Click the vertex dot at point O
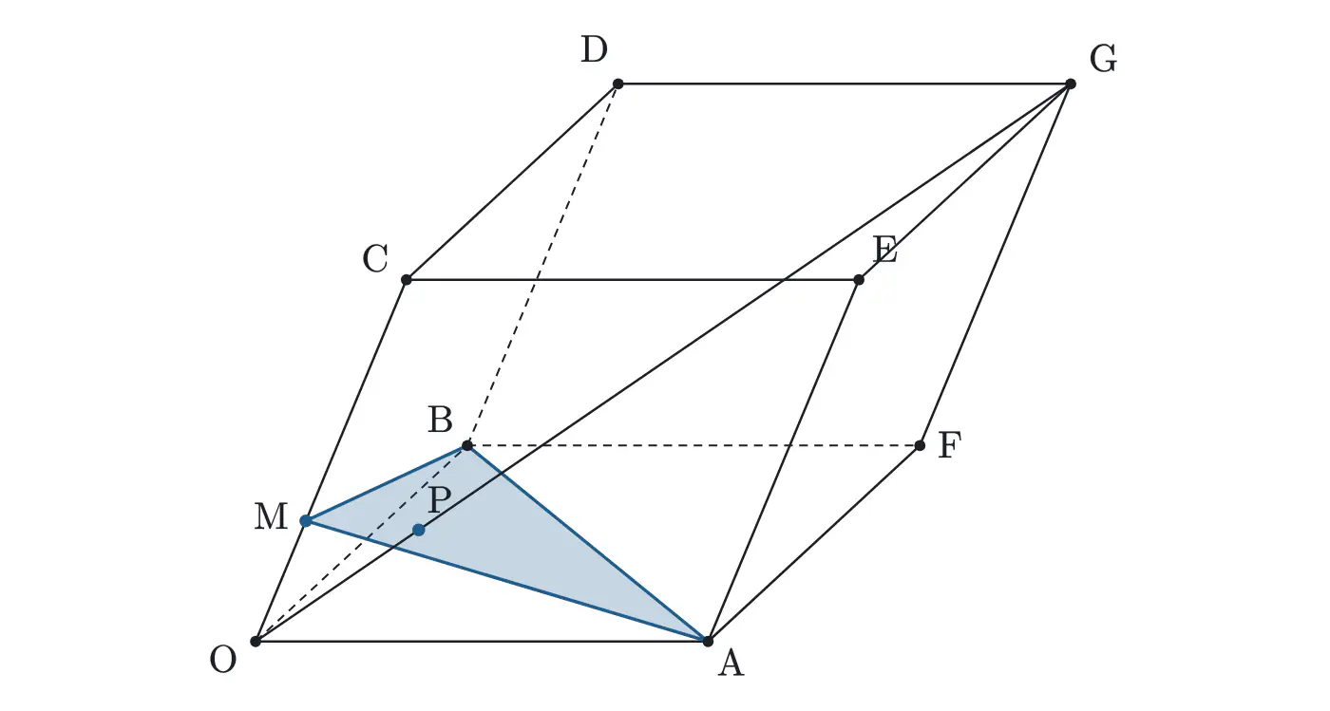coord(256,641)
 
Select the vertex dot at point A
coord(708,641)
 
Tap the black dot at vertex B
coord(467,445)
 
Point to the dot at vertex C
coord(407,279)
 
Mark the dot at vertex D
coord(618,84)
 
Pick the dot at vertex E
coord(859,279)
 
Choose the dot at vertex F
coord(920,445)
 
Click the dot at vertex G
coord(1071,84)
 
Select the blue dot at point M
coord(306,521)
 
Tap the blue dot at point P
coord(419,530)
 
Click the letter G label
coord(1103,60)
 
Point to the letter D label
coord(594,49)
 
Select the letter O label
coord(222,660)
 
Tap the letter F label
coord(949,445)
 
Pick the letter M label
coord(271,516)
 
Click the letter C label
coord(375,259)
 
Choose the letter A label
coord(731,663)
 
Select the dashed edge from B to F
coord(693,445)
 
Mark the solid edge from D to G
coord(845,84)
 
